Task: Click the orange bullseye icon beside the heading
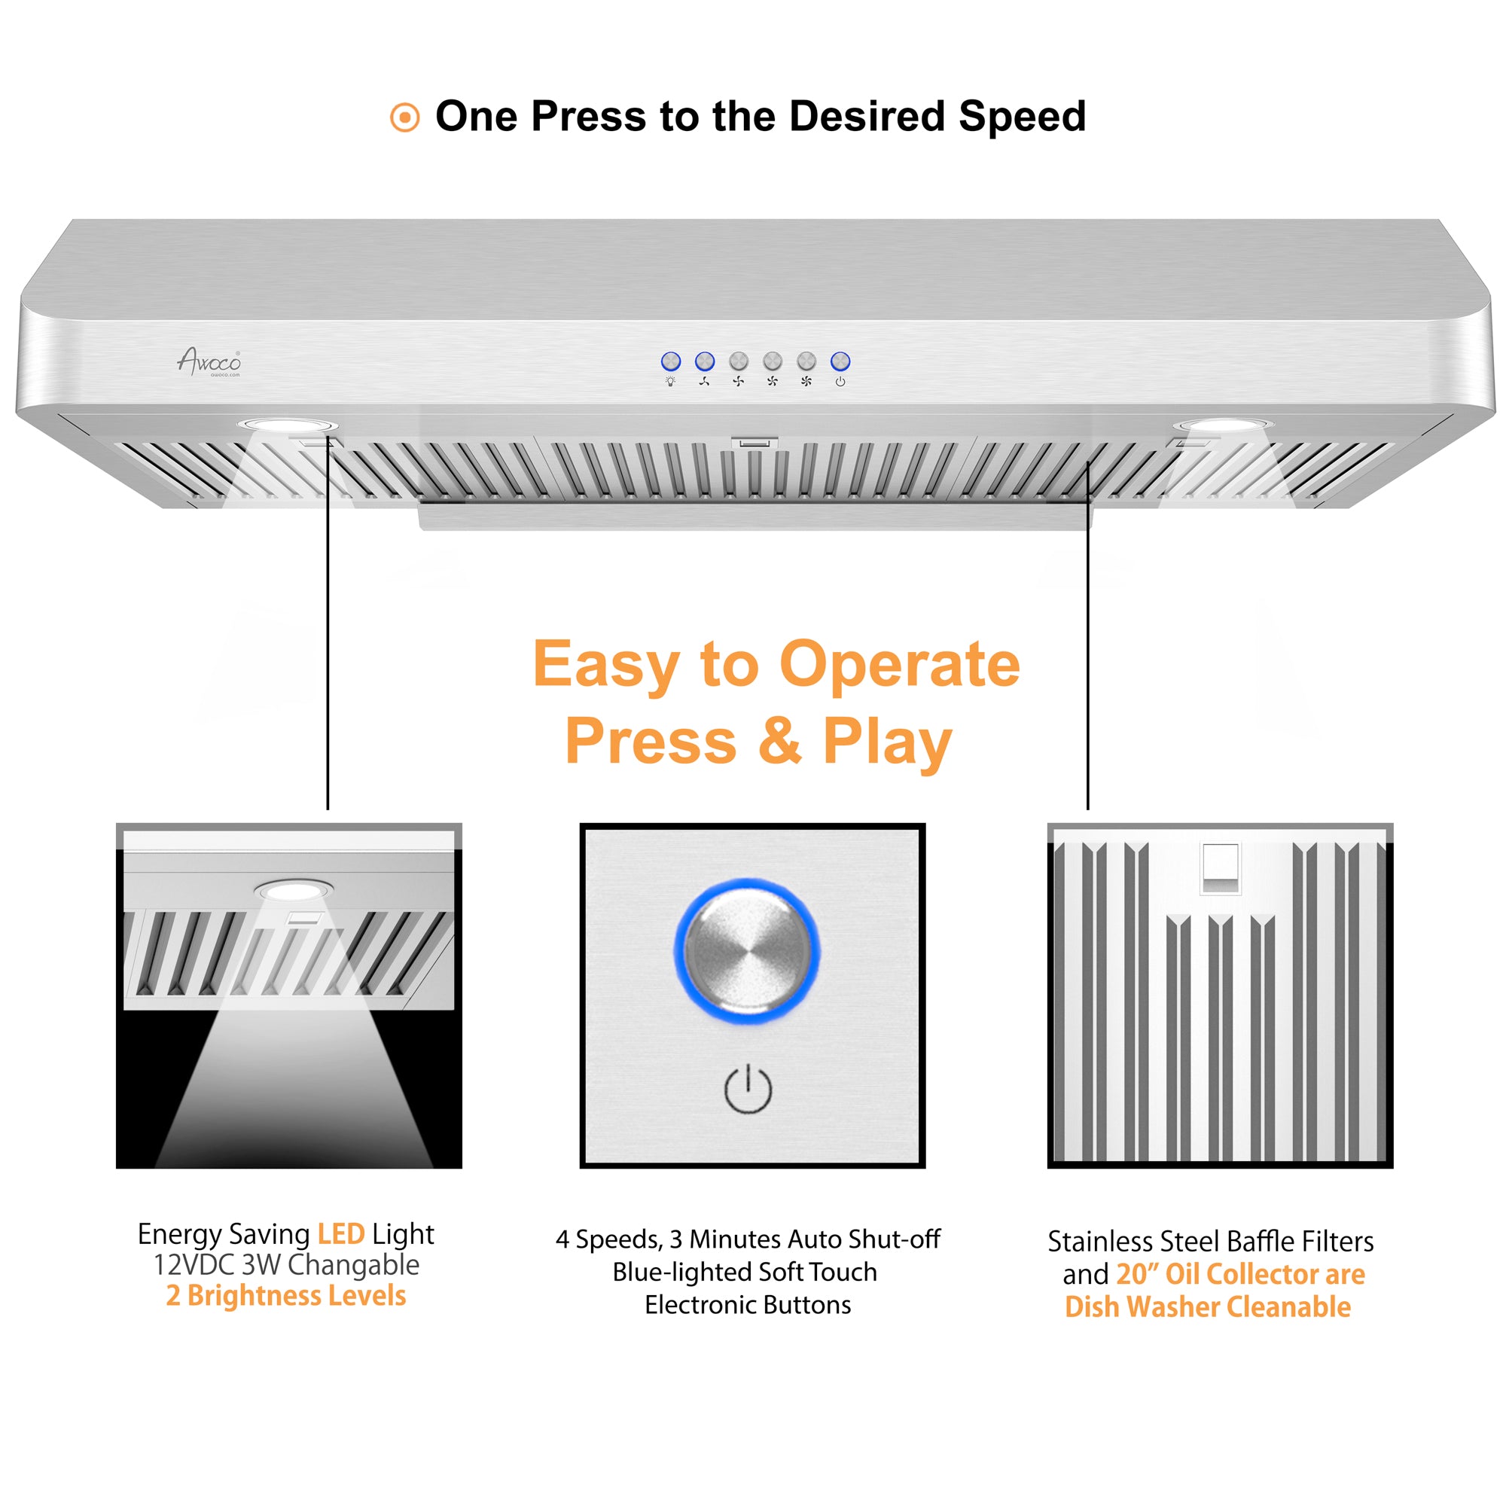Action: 404,117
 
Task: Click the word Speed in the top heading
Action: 1022,116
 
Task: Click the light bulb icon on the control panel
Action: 670,381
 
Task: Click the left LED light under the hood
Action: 288,425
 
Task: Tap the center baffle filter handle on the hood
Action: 755,443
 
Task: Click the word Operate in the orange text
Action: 900,664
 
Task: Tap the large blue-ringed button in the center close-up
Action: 747,950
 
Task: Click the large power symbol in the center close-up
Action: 748,1089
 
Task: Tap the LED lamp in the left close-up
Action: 292,890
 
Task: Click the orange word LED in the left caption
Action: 340,1234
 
